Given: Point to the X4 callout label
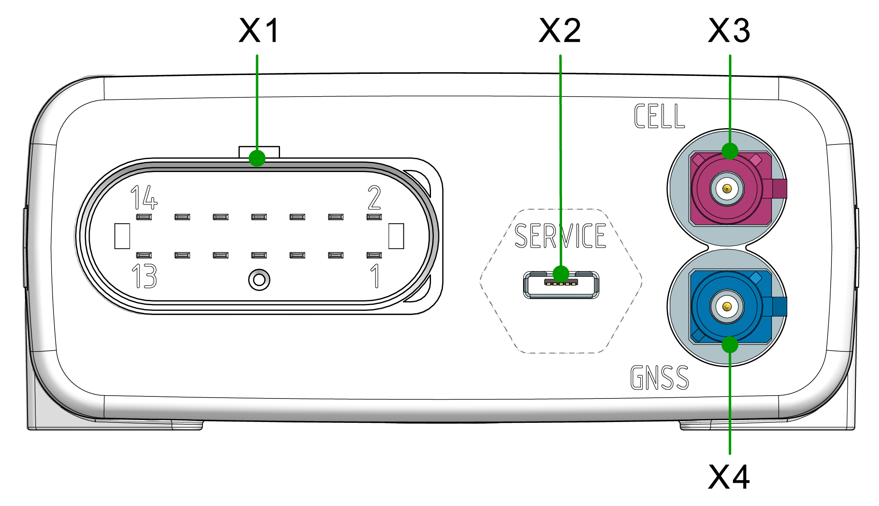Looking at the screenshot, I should [729, 477].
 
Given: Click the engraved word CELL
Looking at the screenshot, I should [659, 116].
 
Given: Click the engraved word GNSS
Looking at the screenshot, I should [659, 377].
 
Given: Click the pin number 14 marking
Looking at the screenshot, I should [144, 198].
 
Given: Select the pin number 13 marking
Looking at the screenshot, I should [144, 276].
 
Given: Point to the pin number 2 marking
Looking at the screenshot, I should [374, 198].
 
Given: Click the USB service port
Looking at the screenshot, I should [561, 286].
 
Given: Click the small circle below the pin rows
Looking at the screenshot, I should [259, 280].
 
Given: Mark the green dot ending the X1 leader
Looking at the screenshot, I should [257, 158].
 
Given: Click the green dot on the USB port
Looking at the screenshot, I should [561, 274].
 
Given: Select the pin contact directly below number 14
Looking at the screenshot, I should [144, 217].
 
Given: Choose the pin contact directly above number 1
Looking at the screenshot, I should [374, 255].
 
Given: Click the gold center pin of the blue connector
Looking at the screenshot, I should [727, 306].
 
